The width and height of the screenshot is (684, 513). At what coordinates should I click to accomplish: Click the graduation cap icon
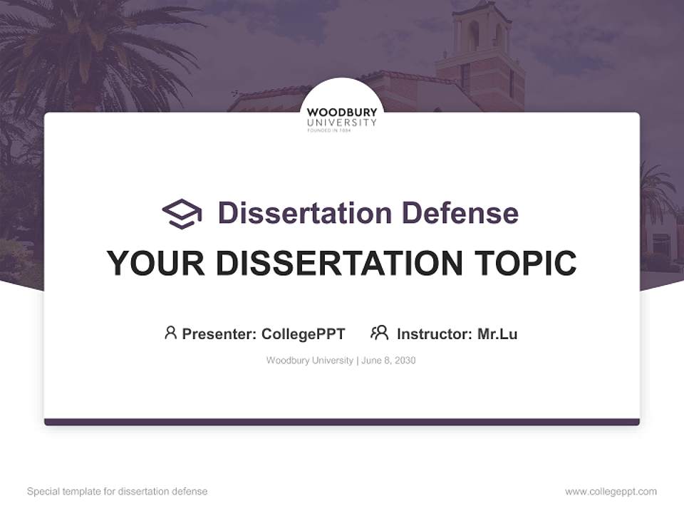tap(182, 214)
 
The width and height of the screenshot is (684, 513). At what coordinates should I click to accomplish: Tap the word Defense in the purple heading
tap(460, 213)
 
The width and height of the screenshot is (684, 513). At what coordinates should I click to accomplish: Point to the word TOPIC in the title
tap(525, 263)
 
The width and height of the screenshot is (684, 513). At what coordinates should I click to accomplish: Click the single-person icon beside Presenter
tap(170, 333)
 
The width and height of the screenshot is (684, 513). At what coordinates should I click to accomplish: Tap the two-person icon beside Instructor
tap(380, 333)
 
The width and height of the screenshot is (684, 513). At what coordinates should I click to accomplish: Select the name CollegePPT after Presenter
tap(304, 334)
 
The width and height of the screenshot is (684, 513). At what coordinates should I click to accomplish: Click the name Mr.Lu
tap(497, 334)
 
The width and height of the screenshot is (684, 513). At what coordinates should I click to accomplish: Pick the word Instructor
tap(435, 334)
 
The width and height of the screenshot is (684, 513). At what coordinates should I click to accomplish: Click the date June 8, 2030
tap(388, 361)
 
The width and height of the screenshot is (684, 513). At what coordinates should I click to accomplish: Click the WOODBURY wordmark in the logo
tap(342, 113)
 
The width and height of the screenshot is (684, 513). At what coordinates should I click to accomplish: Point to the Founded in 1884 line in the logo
tap(329, 130)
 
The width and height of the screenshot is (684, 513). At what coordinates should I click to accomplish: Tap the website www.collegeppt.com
tap(611, 492)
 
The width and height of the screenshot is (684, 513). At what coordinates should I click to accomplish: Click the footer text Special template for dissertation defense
tap(117, 492)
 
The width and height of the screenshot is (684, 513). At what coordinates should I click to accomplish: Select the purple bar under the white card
tap(342, 422)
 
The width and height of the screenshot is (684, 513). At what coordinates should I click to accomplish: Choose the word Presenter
tap(219, 334)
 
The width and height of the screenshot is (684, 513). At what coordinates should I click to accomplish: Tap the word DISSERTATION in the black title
tap(339, 263)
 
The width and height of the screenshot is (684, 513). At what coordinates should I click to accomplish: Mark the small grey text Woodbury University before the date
tap(310, 361)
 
